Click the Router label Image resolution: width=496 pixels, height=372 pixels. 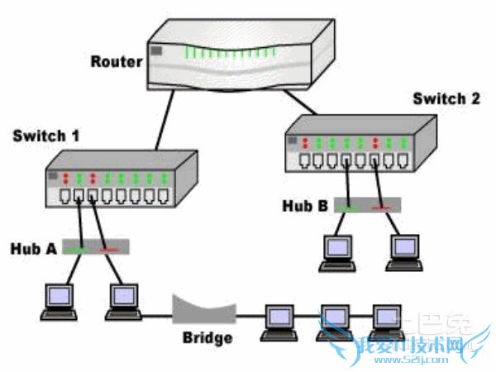[x=116, y=61]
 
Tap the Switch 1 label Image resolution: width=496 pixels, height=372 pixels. [x=46, y=135]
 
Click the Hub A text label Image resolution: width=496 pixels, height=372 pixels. [x=32, y=247]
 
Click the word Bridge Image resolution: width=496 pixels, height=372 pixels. [x=207, y=338]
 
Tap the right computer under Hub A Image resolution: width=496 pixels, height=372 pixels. [x=122, y=300]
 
